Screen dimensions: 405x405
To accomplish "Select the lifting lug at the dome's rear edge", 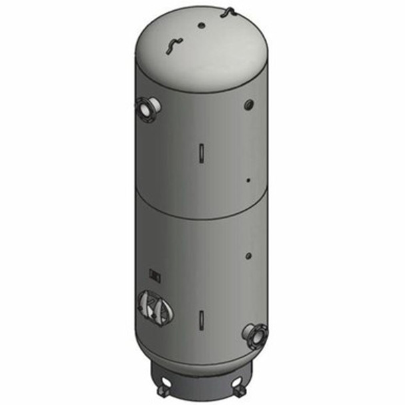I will click(229, 11).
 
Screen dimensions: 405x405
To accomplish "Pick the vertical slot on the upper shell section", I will click(201, 151).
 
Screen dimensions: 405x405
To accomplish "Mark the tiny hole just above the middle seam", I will click(247, 180).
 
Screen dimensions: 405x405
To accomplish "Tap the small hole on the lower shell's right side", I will click(247, 255).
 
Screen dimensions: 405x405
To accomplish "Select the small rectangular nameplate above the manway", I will click(156, 273).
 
